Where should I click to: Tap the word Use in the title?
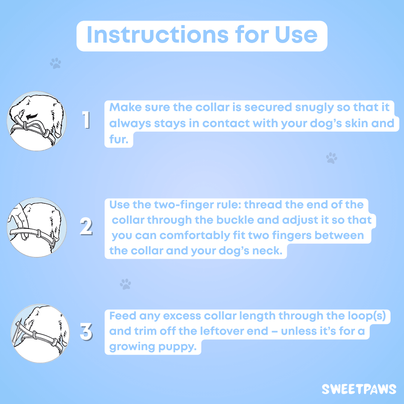pyautogui.click(x=296, y=35)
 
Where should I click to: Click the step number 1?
pyautogui.click(x=86, y=120)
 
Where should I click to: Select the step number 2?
pyautogui.click(x=86, y=226)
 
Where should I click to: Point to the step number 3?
pyautogui.click(x=86, y=331)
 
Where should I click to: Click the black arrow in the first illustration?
pyautogui.click(x=32, y=116)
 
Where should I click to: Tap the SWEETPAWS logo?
pyautogui.click(x=359, y=389)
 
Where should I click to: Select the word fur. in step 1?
pyautogui.click(x=119, y=140)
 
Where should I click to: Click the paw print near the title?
pyautogui.click(x=56, y=63)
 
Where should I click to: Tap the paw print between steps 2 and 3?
pyautogui.click(x=125, y=284)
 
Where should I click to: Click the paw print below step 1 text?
pyautogui.click(x=331, y=158)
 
